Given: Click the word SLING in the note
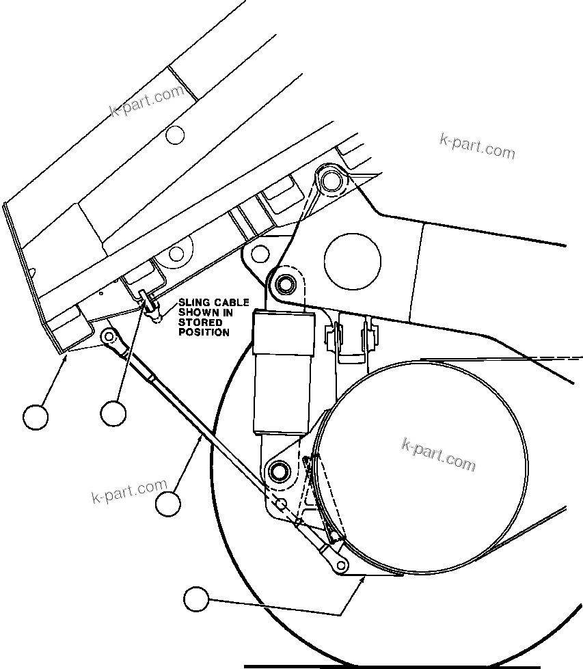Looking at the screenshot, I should click(x=193, y=303).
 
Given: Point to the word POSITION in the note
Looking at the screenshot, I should click(x=204, y=332).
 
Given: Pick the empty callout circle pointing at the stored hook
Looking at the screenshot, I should click(x=113, y=413).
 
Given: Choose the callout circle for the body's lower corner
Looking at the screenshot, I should click(x=36, y=415).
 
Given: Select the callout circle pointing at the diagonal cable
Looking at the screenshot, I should click(x=167, y=504).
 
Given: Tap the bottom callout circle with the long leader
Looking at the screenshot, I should click(x=196, y=599).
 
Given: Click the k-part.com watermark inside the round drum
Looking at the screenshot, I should click(x=438, y=454).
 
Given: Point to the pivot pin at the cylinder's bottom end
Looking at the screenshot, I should click(x=278, y=470).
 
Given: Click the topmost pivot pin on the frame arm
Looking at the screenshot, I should click(x=331, y=180).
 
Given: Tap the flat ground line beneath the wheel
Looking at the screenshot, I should click(x=390, y=664).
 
